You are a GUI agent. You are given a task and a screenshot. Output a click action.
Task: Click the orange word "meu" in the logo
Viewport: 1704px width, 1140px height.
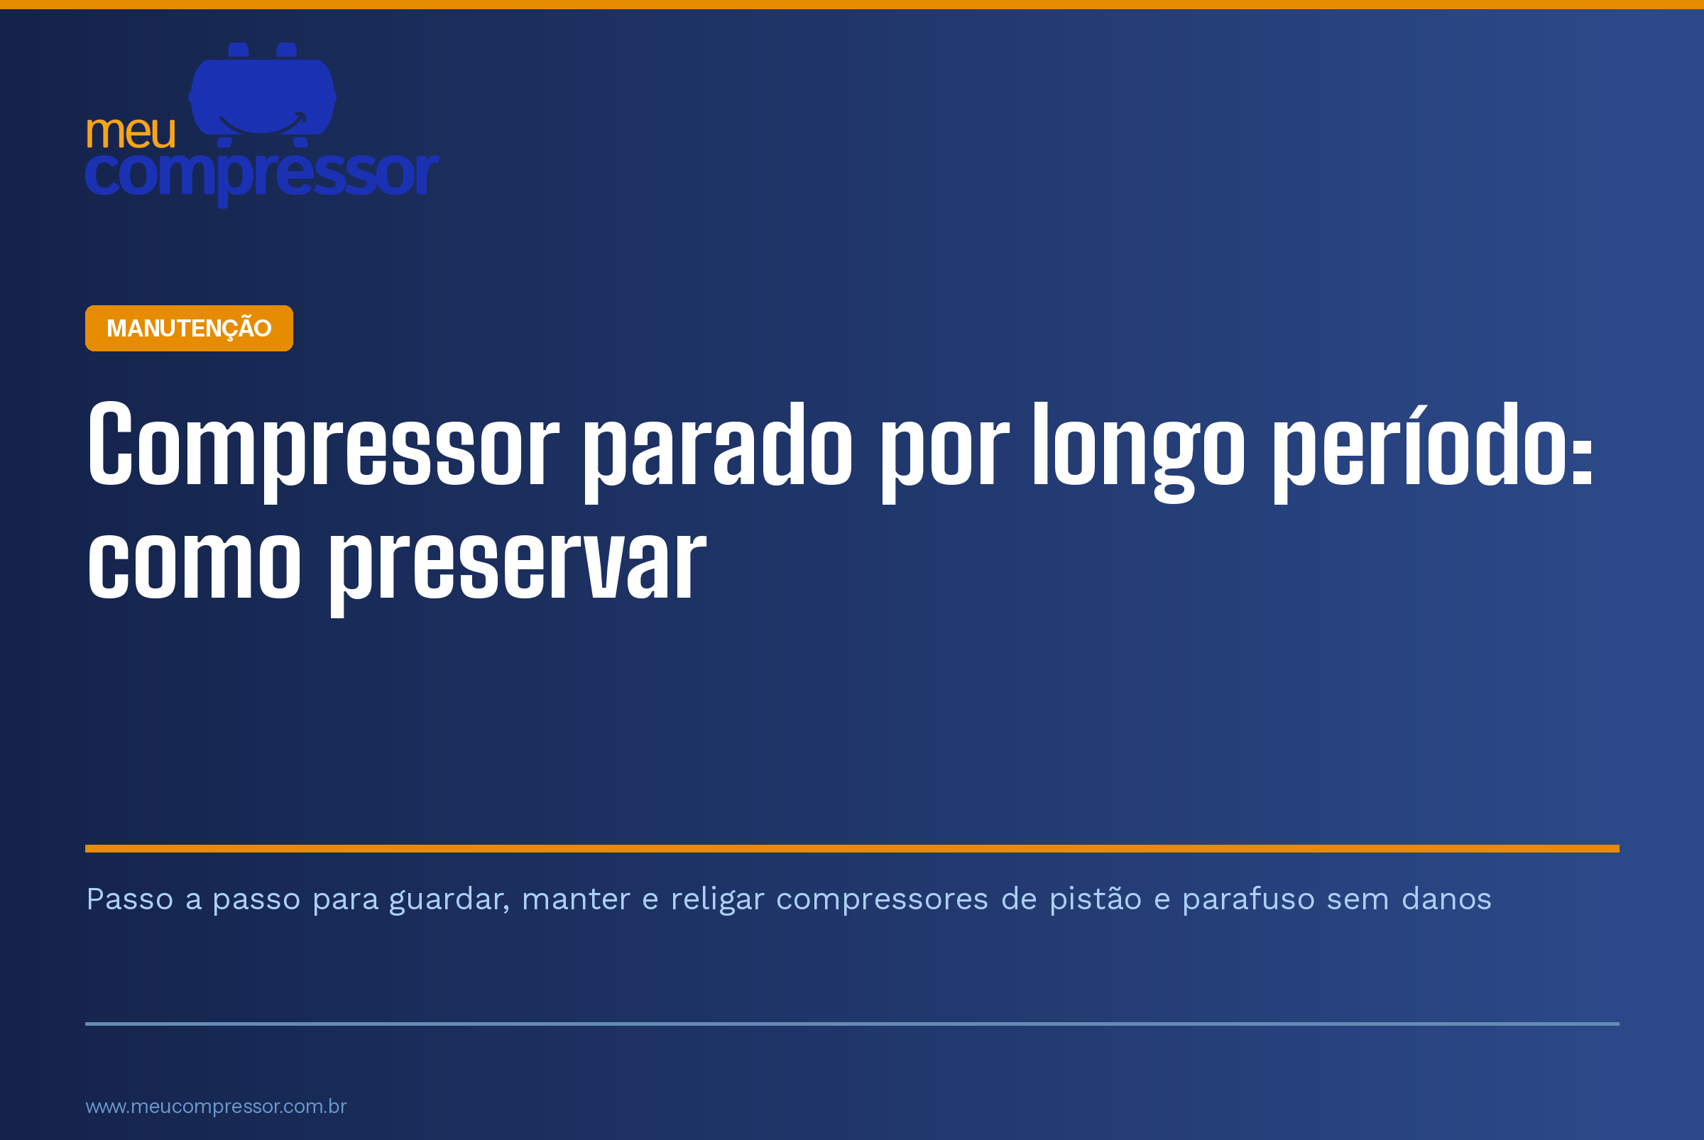point(131,132)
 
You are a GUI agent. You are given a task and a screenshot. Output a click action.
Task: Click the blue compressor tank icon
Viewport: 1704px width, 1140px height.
point(263,94)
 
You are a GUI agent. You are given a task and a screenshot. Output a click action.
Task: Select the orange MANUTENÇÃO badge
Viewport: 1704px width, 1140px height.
point(189,328)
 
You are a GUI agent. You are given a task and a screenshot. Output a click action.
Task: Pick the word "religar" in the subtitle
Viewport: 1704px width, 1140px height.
point(717,900)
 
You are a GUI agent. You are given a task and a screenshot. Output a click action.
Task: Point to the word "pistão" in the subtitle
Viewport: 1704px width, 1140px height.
point(1096,899)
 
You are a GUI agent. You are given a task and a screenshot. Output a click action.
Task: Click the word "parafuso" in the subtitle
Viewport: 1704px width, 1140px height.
point(1249,900)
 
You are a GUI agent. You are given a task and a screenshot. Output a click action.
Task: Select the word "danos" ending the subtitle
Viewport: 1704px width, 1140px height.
point(1446,899)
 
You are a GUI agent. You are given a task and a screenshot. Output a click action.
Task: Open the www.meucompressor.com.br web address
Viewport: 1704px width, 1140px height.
point(216,1107)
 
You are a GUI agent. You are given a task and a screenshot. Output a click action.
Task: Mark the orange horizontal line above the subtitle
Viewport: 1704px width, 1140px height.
point(853,848)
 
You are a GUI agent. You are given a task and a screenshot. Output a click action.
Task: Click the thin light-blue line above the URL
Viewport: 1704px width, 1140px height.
point(853,1024)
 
